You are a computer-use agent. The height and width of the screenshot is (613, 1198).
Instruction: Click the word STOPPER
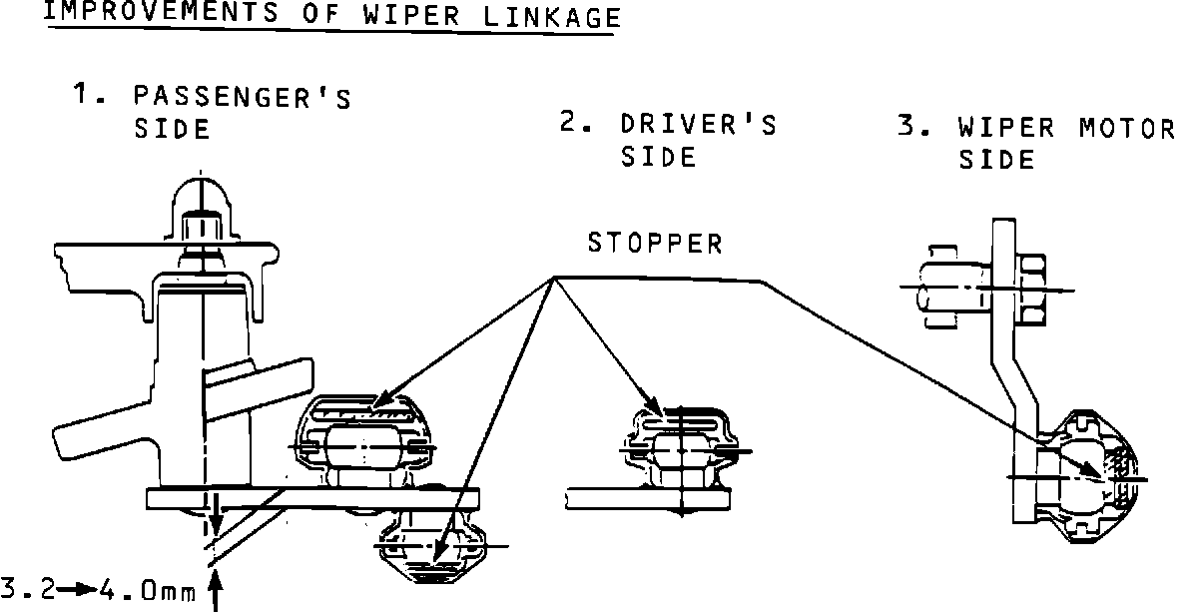click(x=654, y=244)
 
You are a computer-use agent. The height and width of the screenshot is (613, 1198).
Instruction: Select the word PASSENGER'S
click(x=243, y=97)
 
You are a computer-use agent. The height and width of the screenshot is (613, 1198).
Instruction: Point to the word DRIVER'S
click(x=698, y=125)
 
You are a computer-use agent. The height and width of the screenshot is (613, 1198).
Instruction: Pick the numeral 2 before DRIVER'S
click(x=571, y=124)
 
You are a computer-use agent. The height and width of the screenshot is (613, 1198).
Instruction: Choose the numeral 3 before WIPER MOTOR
click(x=908, y=128)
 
